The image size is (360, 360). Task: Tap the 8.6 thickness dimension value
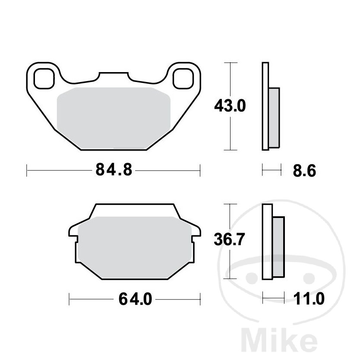coord(304,171)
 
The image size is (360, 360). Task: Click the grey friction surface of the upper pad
coord(113,114)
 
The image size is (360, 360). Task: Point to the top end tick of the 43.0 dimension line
coord(231,63)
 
